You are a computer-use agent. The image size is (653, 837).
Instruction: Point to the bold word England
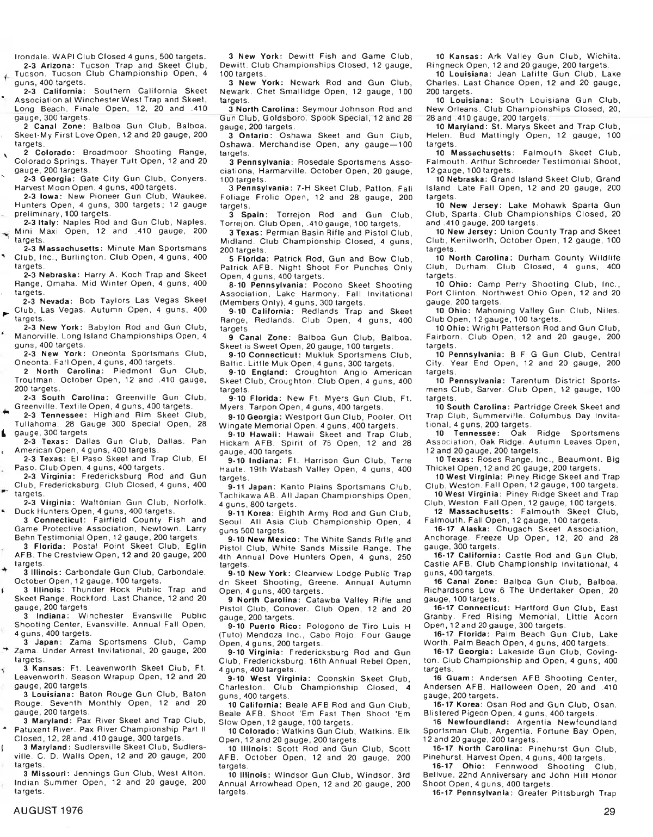[x=270, y=373]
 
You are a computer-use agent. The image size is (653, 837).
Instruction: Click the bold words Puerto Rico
[x=274, y=626]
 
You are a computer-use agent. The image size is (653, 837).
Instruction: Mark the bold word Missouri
[x=51, y=773]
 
